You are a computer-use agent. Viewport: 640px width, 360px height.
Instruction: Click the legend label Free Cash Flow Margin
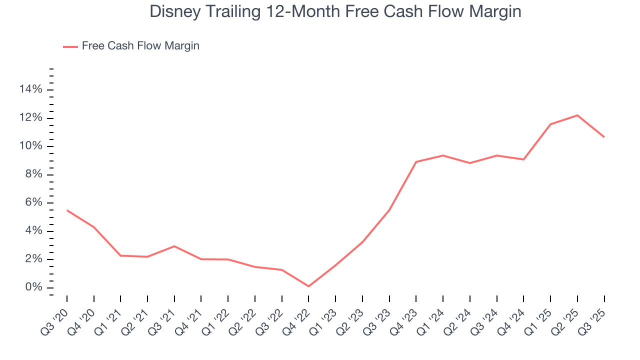pos(140,46)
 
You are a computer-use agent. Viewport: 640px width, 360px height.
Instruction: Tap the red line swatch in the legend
pos(70,46)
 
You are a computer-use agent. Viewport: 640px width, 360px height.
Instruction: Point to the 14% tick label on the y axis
pos(31,89)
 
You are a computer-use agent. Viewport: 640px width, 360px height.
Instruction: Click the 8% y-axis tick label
pos(34,174)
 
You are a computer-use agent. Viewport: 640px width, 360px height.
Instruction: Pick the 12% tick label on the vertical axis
pos(31,118)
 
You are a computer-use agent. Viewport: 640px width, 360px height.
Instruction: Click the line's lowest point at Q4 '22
pos(308,286)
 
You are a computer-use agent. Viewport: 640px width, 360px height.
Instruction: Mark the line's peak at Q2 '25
pos(577,115)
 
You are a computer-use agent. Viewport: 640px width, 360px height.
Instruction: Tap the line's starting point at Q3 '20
pos(67,210)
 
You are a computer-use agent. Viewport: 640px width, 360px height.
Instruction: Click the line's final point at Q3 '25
pos(604,137)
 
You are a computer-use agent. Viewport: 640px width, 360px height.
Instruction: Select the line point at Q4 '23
pos(416,161)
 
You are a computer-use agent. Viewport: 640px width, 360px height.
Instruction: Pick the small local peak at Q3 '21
pos(174,246)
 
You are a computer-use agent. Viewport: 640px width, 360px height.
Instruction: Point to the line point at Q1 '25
pos(550,124)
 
